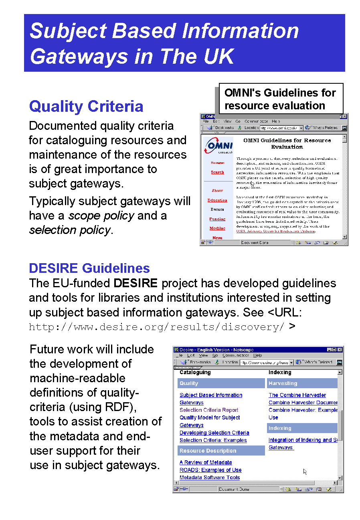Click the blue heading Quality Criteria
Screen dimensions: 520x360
(86, 107)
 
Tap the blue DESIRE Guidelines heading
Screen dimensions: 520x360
(89, 268)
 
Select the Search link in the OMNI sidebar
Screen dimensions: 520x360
(217, 172)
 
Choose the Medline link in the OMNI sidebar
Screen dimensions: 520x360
(217, 228)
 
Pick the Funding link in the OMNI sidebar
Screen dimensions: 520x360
(217, 219)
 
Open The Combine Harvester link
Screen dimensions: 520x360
(297, 395)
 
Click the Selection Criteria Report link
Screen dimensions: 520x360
(209, 410)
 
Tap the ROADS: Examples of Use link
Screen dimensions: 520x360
(210, 470)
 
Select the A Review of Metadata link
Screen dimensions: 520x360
(206, 462)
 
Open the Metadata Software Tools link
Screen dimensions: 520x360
(210, 478)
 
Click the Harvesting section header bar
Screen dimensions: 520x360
(302, 383)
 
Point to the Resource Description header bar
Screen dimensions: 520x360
(221, 451)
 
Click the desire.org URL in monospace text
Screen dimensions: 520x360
(157, 327)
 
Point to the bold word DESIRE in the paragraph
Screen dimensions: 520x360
(136, 284)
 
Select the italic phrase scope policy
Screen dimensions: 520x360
(101, 216)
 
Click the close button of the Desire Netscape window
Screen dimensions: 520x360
(340, 350)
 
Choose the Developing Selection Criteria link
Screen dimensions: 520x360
(214, 433)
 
